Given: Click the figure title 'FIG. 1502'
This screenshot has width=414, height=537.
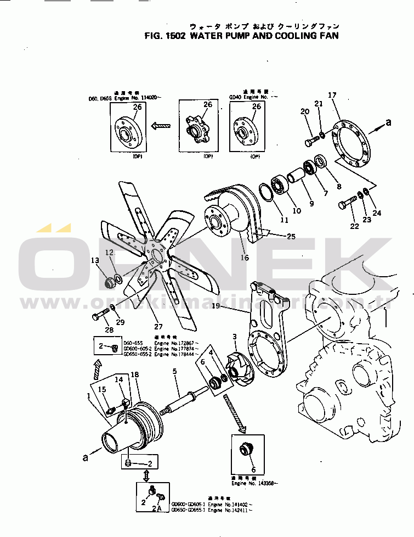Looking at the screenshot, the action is pyautogui.click(x=165, y=36).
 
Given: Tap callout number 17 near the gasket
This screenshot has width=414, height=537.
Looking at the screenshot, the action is pyautogui.click(x=332, y=96).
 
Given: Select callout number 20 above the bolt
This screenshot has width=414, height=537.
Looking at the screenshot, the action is pyautogui.click(x=305, y=113).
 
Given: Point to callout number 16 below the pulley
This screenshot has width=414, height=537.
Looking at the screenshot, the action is pyautogui.click(x=245, y=258).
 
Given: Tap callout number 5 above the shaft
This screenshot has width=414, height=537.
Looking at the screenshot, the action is pyautogui.click(x=175, y=372).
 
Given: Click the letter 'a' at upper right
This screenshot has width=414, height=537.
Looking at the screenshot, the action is pyautogui.click(x=388, y=124).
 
